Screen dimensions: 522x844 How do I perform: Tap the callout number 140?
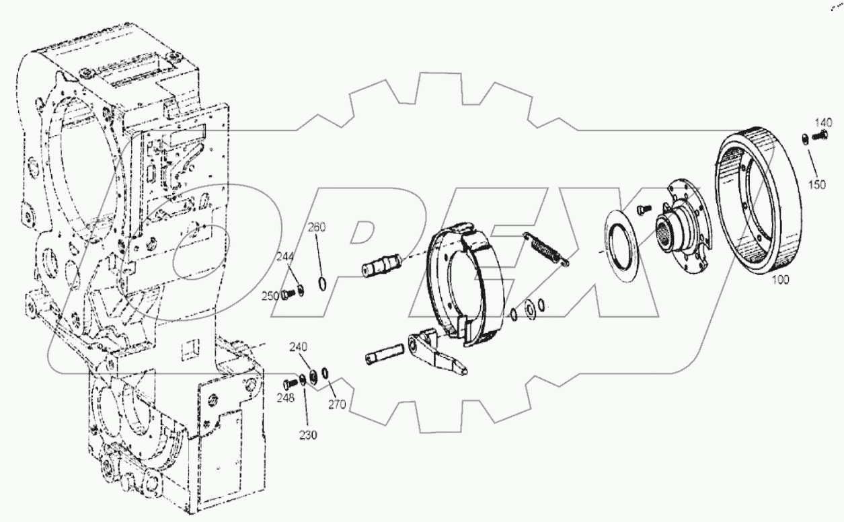pyautogui.click(x=823, y=122)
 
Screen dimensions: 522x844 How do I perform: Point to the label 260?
pyautogui.click(x=317, y=227)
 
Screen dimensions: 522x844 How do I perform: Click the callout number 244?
pyautogui.click(x=286, y=256)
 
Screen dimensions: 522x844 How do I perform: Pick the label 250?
pyautogui.click(x=268, y=297)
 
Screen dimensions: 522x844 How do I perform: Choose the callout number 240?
pyautogui.click(x=298, y=346)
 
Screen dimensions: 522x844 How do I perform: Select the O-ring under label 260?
pyautogui.click(x=322, y=282)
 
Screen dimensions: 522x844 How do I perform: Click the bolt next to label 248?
pyautogui.click(x=290, y=384)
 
